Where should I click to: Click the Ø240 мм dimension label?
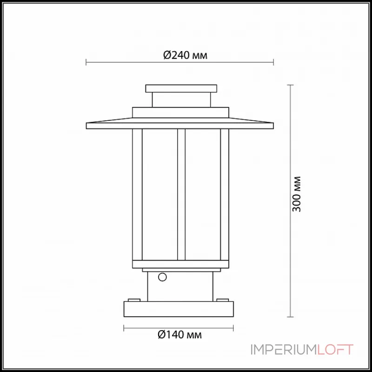click(185, 56)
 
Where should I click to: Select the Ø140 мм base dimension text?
click(179, 334)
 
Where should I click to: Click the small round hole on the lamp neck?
click(162, 278)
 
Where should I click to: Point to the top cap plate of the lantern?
click(181, 88)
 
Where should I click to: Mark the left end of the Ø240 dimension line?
click(86, 62)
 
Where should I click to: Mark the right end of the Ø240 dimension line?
click(274, 62)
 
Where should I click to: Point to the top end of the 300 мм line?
click(291, 85)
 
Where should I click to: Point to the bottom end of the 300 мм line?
click(291, 317)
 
